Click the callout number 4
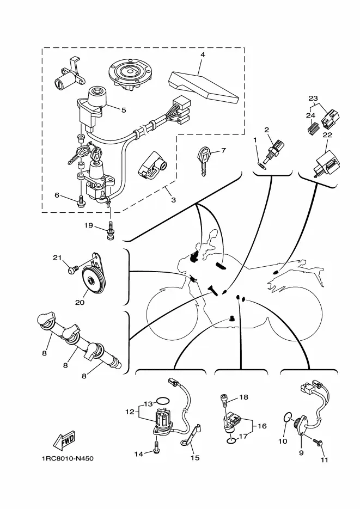pyautogui.click(x=203, y=55)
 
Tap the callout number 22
pyautogui.click(x=327, y=135)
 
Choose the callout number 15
pyautogui.click(x=194, y=458)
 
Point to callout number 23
pyautogui.click(x=313, y=99)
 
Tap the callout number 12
pyautogui.click(x=130, y=412)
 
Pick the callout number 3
pyautogui.click(x=173, y=200)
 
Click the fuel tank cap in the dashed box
pyautogui.click(x=130, y=73)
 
